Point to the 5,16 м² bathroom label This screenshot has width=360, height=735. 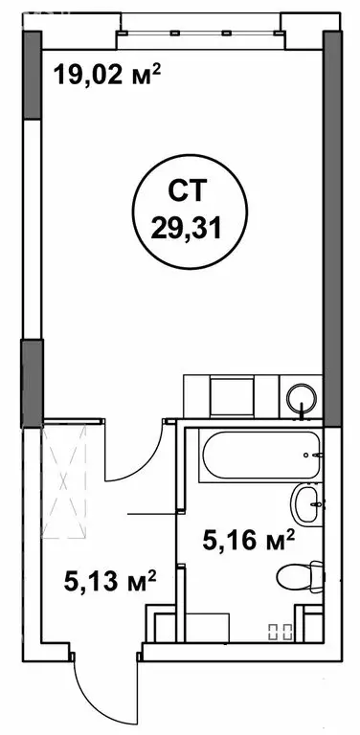point(247,542)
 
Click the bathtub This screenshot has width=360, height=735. point(252,457)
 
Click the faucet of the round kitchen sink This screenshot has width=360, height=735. point(304,412)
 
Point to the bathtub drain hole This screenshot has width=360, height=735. point(308,455)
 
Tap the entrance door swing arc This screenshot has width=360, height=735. point(81,680)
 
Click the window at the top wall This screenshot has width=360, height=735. point(201,37)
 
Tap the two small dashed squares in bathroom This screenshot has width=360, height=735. point(280,631)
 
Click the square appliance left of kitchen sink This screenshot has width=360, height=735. point(230,397)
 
